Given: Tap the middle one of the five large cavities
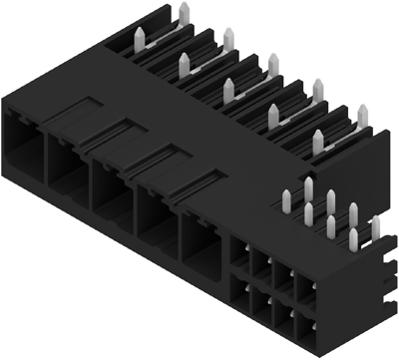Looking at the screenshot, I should (x=111, y=194).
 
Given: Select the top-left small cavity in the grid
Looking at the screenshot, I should (x=242, y=258).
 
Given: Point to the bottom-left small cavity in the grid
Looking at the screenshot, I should (x=242, y=293).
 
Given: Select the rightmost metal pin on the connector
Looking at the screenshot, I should (x=375, y=232).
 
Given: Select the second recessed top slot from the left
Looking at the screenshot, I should (x=118, y=129).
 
